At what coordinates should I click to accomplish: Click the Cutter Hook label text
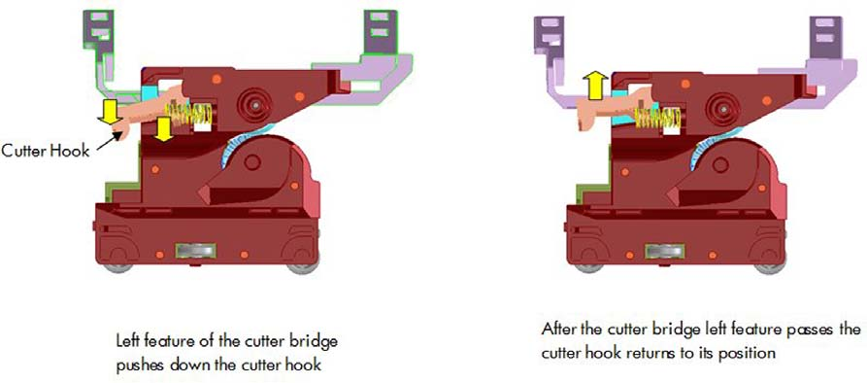click(46, 151)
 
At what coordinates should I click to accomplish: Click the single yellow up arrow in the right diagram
click(595, 87)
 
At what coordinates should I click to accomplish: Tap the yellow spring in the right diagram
click(657, 119)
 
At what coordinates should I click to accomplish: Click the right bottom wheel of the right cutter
click(770, 266)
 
